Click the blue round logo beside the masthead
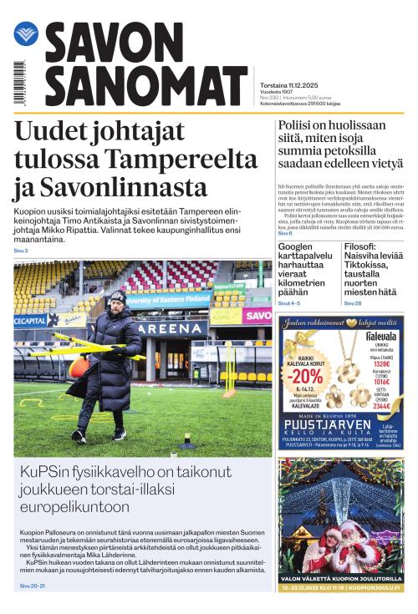click(26, 34)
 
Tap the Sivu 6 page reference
click(285, 234)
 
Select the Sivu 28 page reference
click(353, 302)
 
